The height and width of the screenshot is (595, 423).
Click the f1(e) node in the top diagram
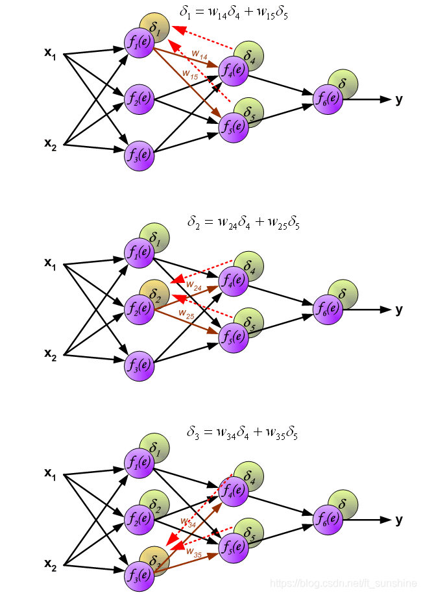tap(139, 42)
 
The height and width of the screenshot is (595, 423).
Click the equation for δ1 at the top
tap(234, 12)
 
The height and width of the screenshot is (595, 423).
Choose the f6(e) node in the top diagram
tap(328, 99)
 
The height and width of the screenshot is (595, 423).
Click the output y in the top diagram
tap(398, 99)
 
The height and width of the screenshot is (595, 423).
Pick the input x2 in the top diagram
tap(51, 143)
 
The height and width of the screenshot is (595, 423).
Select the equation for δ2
tap(244, 223)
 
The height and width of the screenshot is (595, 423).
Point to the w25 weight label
tap(186, 316)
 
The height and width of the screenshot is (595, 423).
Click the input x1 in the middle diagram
tap(51, 263)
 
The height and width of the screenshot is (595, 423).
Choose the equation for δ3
tap(243, 433)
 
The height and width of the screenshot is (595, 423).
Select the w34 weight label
tap(188, 522)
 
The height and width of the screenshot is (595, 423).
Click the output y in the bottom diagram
tap(398, 520)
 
